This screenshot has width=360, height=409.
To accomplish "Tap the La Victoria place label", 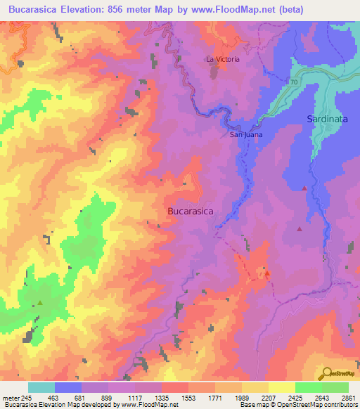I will point(222,59).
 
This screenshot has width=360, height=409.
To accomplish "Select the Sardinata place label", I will point(327,119).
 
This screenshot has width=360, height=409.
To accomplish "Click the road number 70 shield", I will point(292,83).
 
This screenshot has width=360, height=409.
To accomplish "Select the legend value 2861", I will point(347,398).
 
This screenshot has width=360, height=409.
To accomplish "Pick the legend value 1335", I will point(161,398).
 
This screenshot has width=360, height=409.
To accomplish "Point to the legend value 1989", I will point(241,398).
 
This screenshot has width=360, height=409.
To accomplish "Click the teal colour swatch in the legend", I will point(41,387).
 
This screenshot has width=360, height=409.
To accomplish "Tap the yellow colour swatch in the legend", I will point(281,387).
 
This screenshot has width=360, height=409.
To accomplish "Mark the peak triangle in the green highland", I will point(39,303).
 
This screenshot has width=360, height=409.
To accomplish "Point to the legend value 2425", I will point(295,398).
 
